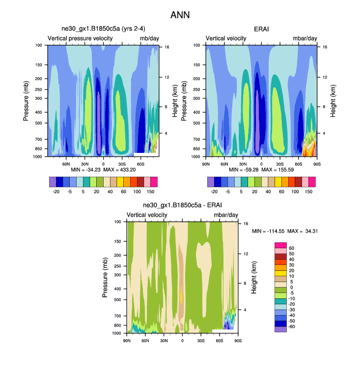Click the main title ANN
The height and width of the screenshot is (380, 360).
[180, 15]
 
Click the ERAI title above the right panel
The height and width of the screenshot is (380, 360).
[261, 29]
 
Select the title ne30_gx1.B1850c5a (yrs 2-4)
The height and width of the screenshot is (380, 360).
[103, 29]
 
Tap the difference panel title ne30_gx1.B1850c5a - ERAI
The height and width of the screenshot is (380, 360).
[182, 206]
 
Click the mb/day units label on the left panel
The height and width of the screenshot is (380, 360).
[149, 38]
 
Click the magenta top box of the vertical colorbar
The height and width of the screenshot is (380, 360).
[280, 245]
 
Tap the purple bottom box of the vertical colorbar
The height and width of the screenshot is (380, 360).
[280, 329]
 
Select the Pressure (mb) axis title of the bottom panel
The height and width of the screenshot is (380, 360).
[106, 278]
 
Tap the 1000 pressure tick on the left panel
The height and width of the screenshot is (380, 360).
[38, 157]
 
